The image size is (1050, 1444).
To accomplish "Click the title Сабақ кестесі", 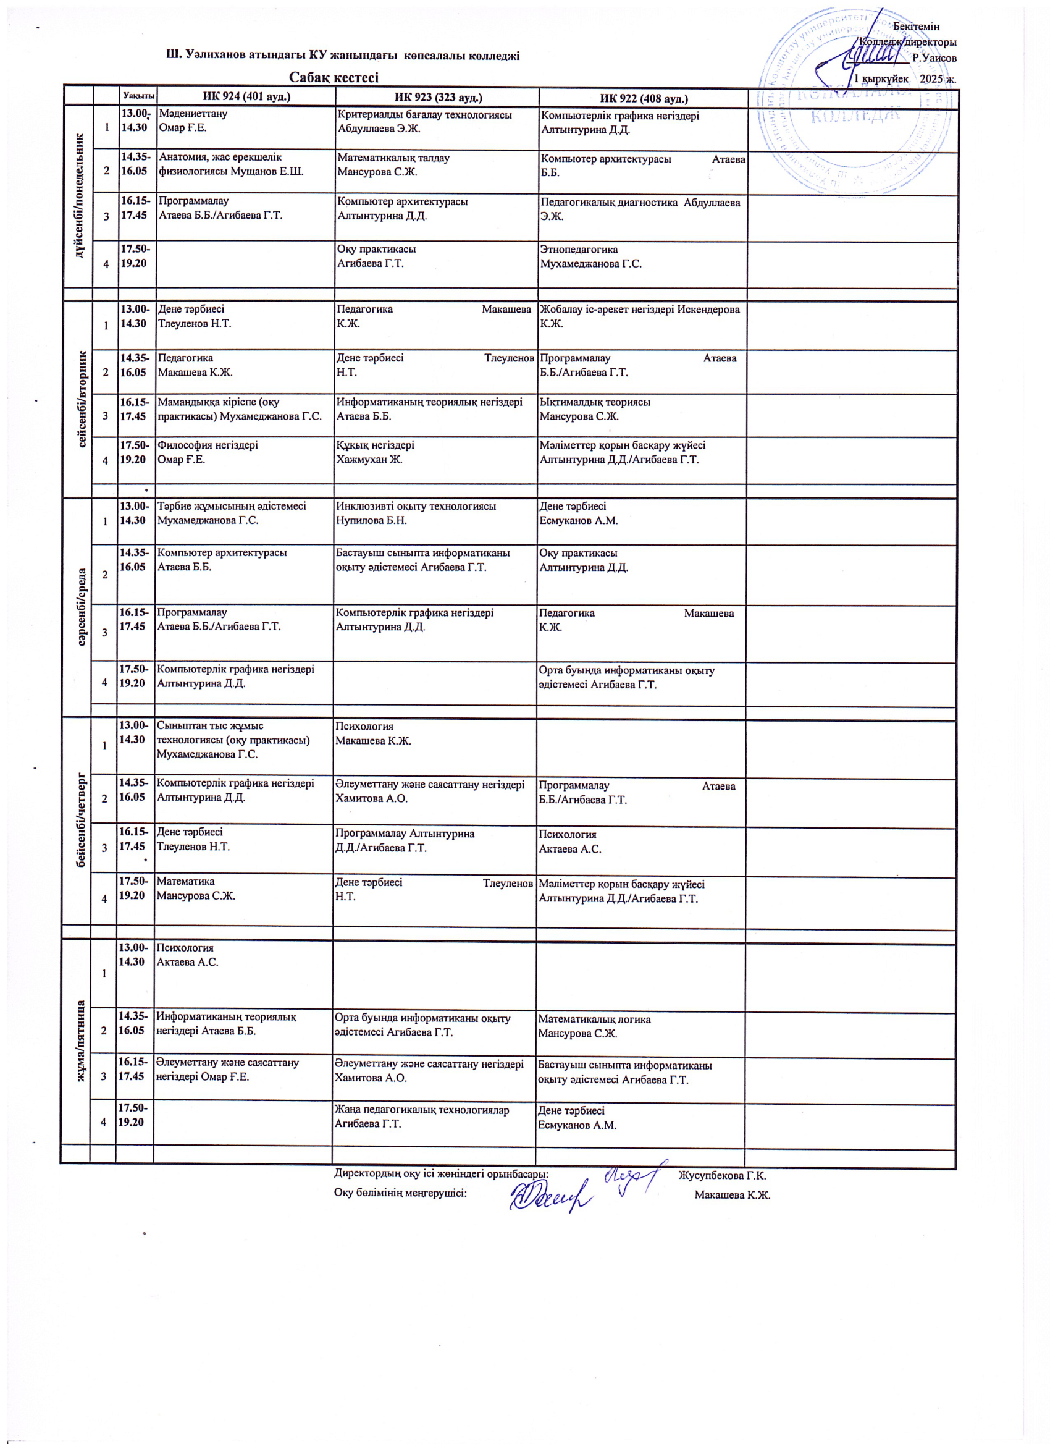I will [x=334, y=77].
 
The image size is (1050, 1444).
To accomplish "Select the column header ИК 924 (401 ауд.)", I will [x=246, y=97].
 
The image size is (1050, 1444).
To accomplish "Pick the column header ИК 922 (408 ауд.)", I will [x=644, y=98].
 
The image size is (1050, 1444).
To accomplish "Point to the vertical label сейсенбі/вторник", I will [x=82, y=399].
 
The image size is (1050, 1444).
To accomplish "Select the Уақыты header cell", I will [x=138, y=96].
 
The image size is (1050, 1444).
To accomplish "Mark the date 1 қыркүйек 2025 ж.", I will [x=905, y=78].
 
